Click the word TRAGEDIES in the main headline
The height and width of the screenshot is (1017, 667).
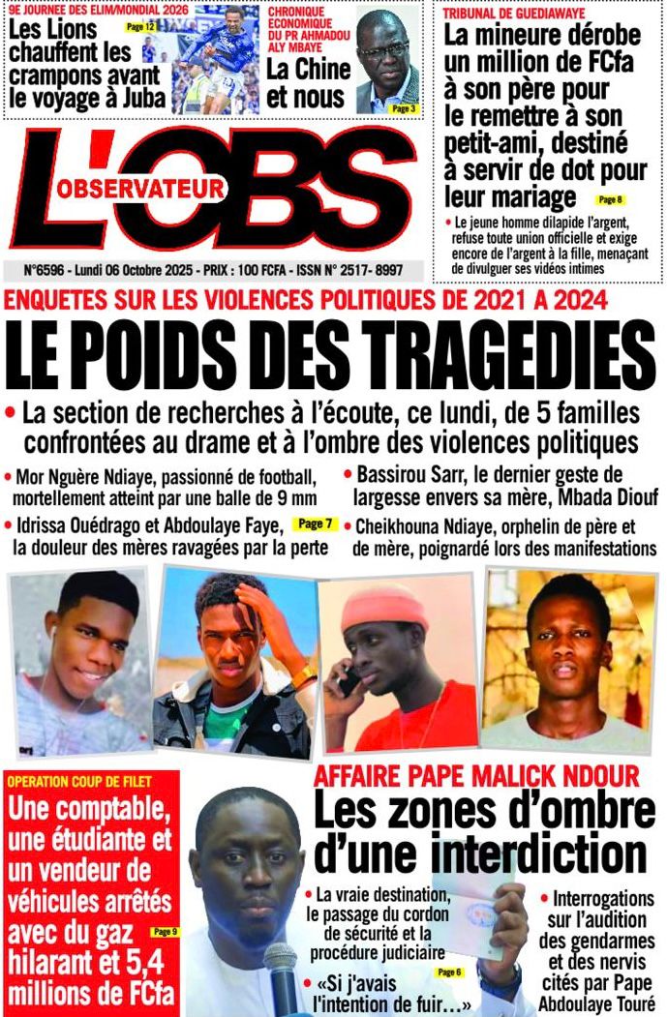[490, 355]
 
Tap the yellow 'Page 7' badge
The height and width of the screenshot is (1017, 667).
[315, 524]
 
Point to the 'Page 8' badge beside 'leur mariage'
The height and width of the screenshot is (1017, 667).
[611, 199]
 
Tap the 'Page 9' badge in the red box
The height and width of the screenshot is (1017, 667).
[164, 932]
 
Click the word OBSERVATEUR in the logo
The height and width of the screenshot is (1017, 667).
[140, 189]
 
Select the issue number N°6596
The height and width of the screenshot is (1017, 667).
[35, 270]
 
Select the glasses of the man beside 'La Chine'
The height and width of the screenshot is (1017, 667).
[383, 48]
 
